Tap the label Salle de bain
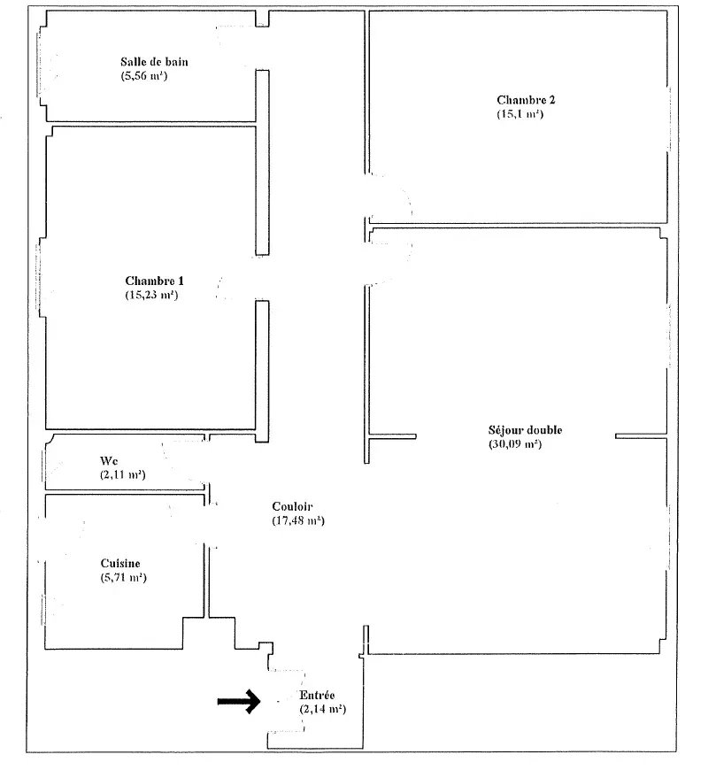click(155, 62)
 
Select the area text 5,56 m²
click(146, 76)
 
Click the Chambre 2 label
click(527, 100)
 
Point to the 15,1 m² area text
click(520, 114)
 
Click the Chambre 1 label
click(155, 281)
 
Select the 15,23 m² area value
click(152, 295)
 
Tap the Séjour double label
click(525, 430)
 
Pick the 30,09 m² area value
click(514, 444)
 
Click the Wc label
click(109, 461)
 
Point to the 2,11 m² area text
click(123, 475)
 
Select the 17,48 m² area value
click(298, 520)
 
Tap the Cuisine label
click(120, 563)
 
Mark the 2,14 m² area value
click(322, 710)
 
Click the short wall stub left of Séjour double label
click(393, 436)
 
